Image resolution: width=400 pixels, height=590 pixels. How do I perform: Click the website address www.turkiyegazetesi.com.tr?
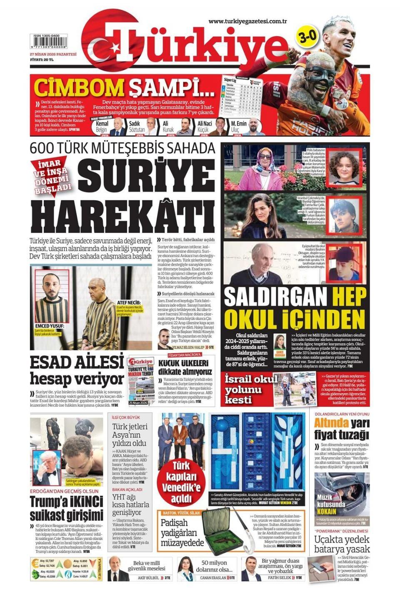click(x=249, y=21)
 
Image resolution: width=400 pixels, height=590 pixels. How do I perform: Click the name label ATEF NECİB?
click(x=129, y=303)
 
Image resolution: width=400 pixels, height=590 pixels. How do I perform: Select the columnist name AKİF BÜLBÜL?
click(x=149, y=577)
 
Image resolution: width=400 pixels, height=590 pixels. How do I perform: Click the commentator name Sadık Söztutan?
click(x=137, y=127)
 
